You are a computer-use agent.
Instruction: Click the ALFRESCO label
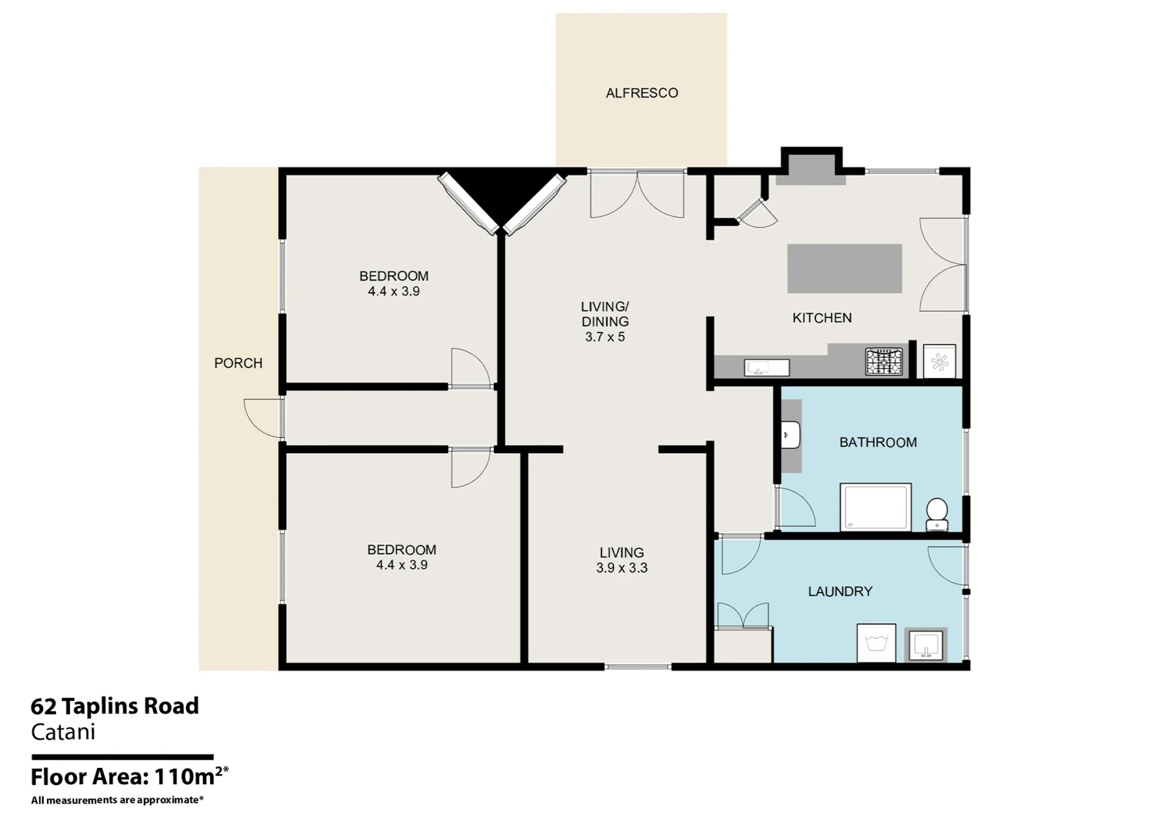642,93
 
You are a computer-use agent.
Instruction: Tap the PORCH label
238,363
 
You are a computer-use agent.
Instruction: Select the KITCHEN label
822,318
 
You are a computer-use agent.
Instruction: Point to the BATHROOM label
878,442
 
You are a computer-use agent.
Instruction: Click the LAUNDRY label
840,591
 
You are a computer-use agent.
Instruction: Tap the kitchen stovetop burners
884,361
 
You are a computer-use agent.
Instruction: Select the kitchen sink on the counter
767,368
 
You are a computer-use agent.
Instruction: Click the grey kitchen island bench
845,268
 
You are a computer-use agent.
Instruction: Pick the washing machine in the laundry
876,643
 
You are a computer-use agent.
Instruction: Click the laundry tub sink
925,645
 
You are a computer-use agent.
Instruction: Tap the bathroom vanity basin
790,435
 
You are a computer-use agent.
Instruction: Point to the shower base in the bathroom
876,507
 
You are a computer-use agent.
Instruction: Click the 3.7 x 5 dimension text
605,337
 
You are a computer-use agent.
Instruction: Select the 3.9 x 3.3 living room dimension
622,568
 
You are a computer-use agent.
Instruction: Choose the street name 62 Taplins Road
115,706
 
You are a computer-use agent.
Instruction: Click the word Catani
63,732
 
